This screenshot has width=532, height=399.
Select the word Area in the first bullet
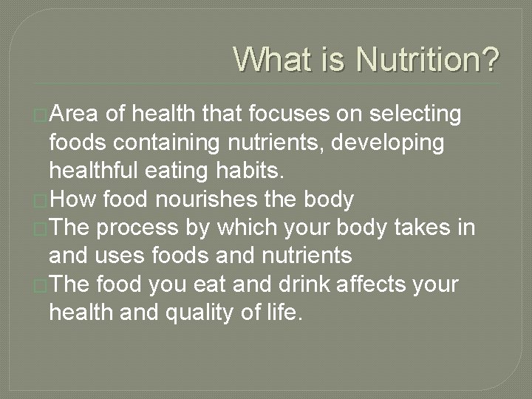(76, 115)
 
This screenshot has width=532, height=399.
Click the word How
(74, 199)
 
